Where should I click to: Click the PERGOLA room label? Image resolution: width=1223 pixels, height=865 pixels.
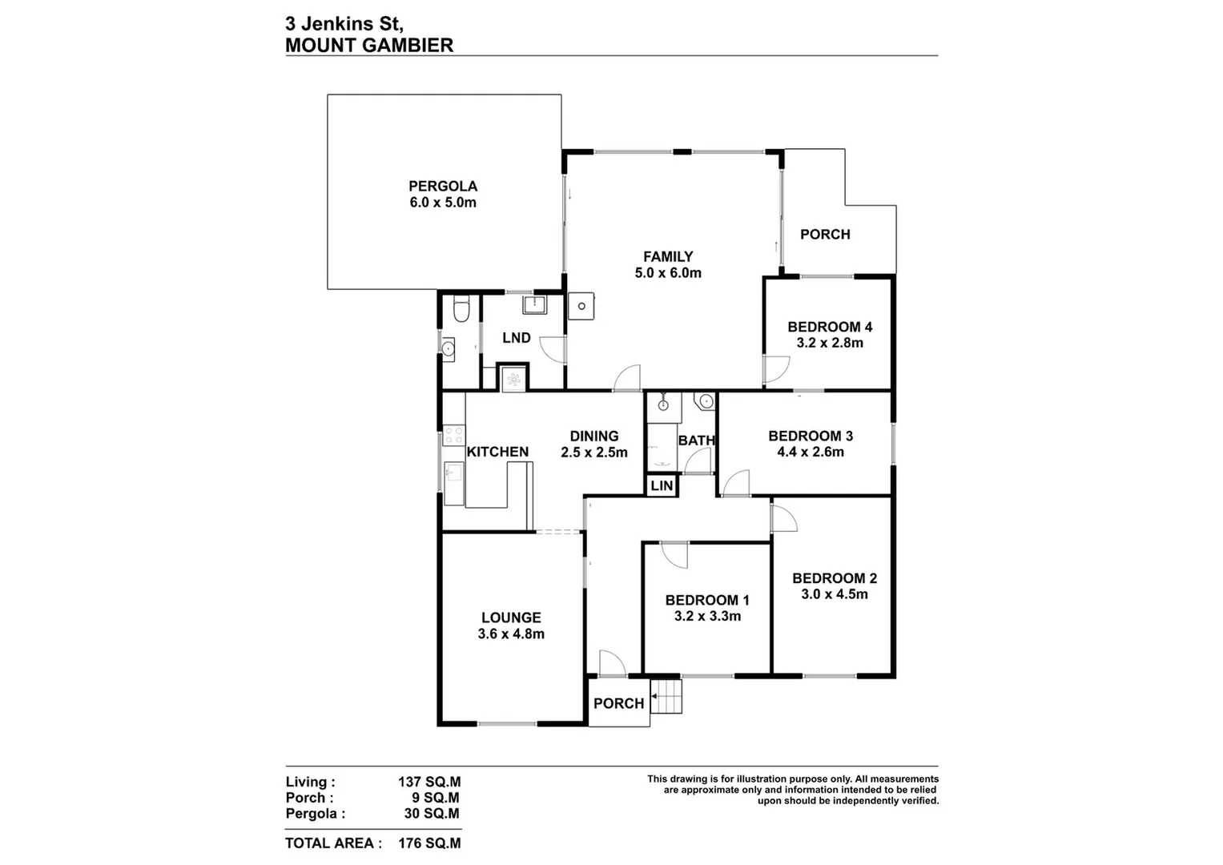[443, 186]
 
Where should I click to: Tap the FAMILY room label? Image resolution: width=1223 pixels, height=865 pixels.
[668, 256]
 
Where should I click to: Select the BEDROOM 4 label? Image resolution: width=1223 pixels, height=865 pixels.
[830, 327]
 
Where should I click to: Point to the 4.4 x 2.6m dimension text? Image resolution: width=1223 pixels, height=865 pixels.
[811, 452]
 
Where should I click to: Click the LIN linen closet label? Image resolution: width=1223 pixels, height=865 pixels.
[662, 486]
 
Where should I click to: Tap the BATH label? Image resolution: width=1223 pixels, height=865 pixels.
[696, 441]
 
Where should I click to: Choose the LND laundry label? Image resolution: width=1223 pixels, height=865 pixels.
[517, 338]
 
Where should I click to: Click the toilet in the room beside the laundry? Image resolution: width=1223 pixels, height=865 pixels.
[461, 309]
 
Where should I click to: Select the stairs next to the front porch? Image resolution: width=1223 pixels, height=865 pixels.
[666, 696]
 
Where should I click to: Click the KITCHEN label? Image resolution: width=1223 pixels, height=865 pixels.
[497, 452]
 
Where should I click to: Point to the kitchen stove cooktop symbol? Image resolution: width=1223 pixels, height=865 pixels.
[454, 435]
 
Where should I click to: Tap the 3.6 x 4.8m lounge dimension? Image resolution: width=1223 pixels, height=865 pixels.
[511, 634]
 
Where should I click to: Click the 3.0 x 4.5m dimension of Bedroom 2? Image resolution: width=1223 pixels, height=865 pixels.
[835, 594]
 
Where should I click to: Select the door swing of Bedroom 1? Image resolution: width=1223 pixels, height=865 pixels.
[675, 555]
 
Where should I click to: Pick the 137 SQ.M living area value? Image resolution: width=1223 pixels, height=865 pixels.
[429, 783]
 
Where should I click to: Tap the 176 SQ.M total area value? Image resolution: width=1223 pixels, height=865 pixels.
[429, 843]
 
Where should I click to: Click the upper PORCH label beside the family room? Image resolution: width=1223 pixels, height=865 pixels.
[825, 234]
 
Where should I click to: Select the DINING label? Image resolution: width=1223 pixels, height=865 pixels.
[594, 436]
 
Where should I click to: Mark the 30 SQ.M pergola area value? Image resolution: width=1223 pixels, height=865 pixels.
[432, 814]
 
